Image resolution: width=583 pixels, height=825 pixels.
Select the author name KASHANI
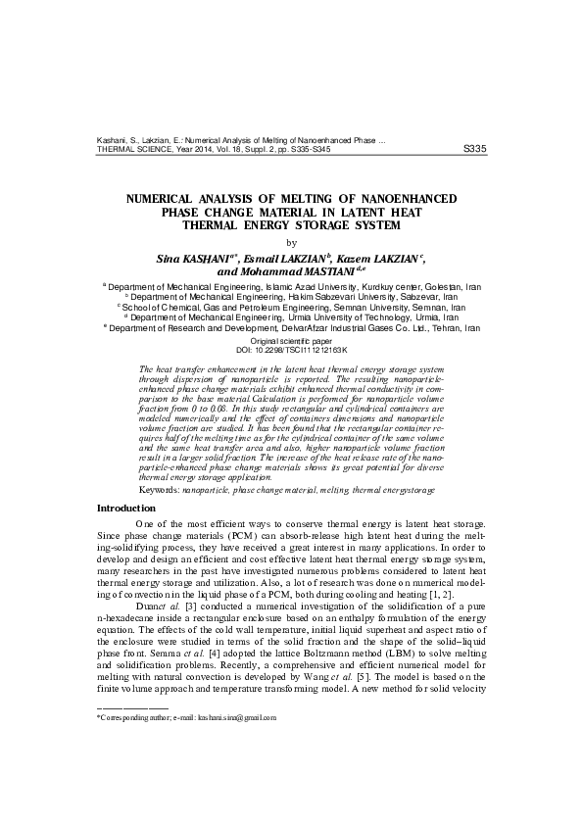click(195, 256)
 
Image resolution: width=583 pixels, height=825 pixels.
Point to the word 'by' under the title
click(290, 241)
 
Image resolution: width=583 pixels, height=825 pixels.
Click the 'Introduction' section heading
click(125, 509)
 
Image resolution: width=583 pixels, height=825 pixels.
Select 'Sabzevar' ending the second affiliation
click(433, 296)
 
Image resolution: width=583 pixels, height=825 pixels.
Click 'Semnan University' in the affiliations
click(370, 307)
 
